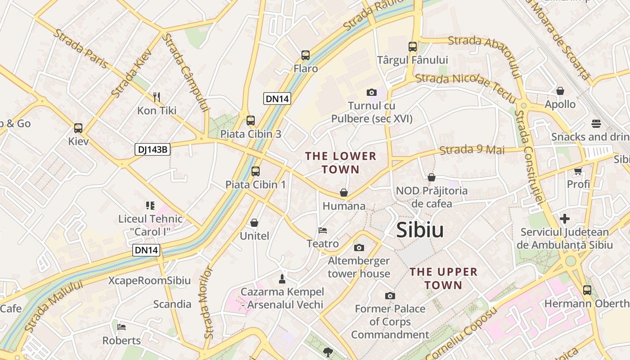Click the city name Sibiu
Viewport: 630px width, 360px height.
pyautogui.click(x=420, y=230)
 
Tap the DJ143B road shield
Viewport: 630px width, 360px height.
pyautogui.click(x=153, y=149)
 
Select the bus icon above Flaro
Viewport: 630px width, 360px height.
pyautogui.click(x=306, y=55)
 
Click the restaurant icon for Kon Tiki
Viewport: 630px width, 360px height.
pyautogui.click(x=157, y=97)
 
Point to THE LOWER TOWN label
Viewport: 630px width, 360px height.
pyautogui.click(x=341, y=162)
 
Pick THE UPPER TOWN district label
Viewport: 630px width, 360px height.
pyautogui.click(x=444, y=278)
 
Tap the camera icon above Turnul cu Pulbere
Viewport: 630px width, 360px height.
pyautogui.click(x=371, y=92)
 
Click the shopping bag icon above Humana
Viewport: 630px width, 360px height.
pyautogui.click(x=344, y=193)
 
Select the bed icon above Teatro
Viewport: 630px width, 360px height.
pyautogui.click(x=323, y=230)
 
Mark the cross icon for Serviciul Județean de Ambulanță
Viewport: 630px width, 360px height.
pyautogui.click(x=565, y=219)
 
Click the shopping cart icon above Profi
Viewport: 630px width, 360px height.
pyautogui.click(x=578, y=171)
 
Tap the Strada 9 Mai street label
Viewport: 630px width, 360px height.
pyautogui.click(x=472, y=150)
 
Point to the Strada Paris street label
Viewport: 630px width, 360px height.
pyautogui.click(x=81, y=49)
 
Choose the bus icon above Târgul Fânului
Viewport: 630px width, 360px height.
pyautogui.click(x=413, y=46)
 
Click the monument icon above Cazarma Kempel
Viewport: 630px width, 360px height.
pyautogui.click(x=282, y=279)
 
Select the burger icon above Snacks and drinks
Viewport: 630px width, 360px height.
pyautogui.click(x=596, y=124)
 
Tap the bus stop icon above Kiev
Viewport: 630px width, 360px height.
pyautogui.click(x=78, y=128)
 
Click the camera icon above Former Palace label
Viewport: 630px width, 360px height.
pyautogui.click(x=390, y=296)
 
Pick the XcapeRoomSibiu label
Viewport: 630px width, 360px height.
pyautogui.click(x=149, y=280)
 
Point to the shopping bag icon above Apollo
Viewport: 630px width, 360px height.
pyautogui.click(x=560, y=91)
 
